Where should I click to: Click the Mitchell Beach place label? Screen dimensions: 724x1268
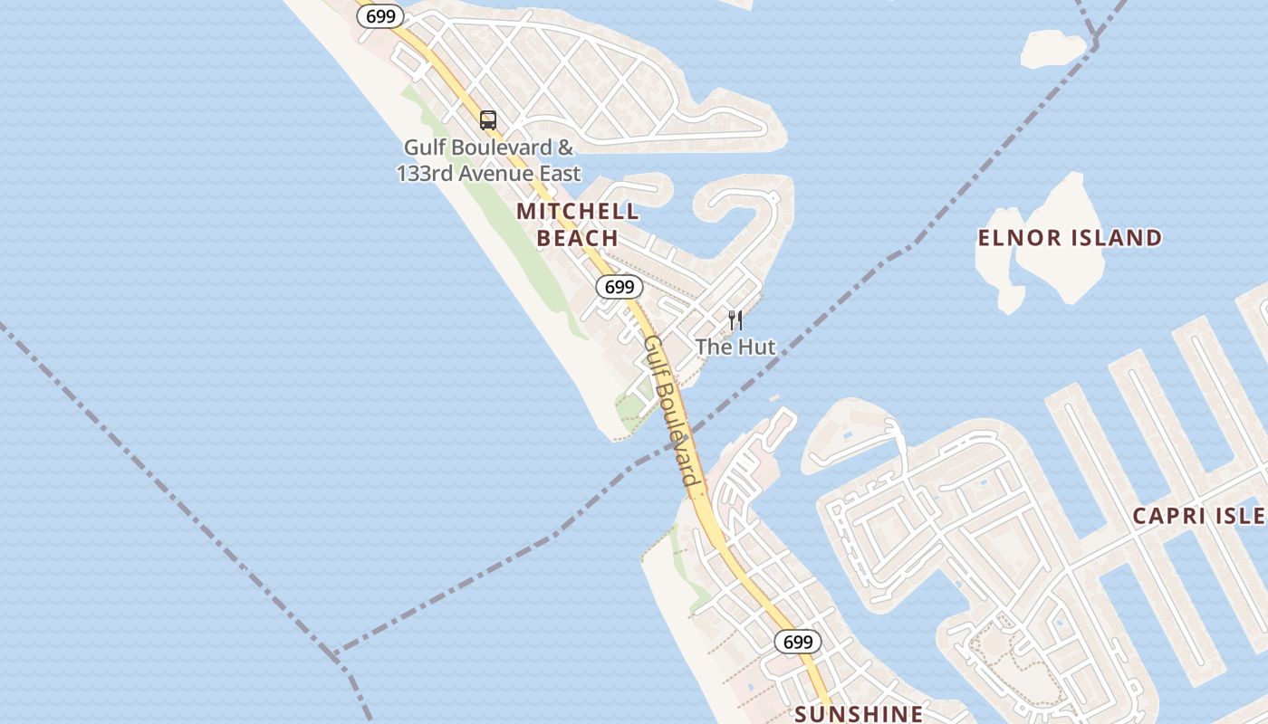point(578,224)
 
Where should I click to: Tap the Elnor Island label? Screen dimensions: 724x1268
point(1070,238)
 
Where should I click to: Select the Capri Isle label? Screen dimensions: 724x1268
point(1199,516)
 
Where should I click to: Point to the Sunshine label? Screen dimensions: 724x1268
point(859,713)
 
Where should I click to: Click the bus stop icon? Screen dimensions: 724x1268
point(488,119)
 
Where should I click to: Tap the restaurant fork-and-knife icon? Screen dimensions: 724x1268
point(735,319)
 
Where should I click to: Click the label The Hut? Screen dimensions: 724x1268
point(735,347)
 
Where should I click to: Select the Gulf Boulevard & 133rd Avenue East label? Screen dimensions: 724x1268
point(489,159)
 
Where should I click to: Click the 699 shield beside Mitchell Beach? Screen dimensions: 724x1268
point(620,287)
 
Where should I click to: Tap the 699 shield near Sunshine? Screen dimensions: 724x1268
point(798,642)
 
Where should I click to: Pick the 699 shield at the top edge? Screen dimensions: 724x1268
point(380,15)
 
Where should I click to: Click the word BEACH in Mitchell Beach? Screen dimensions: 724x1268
point(578,238)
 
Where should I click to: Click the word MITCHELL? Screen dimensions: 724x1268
point(578,212)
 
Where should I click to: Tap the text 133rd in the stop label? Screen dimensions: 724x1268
point(425,173)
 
